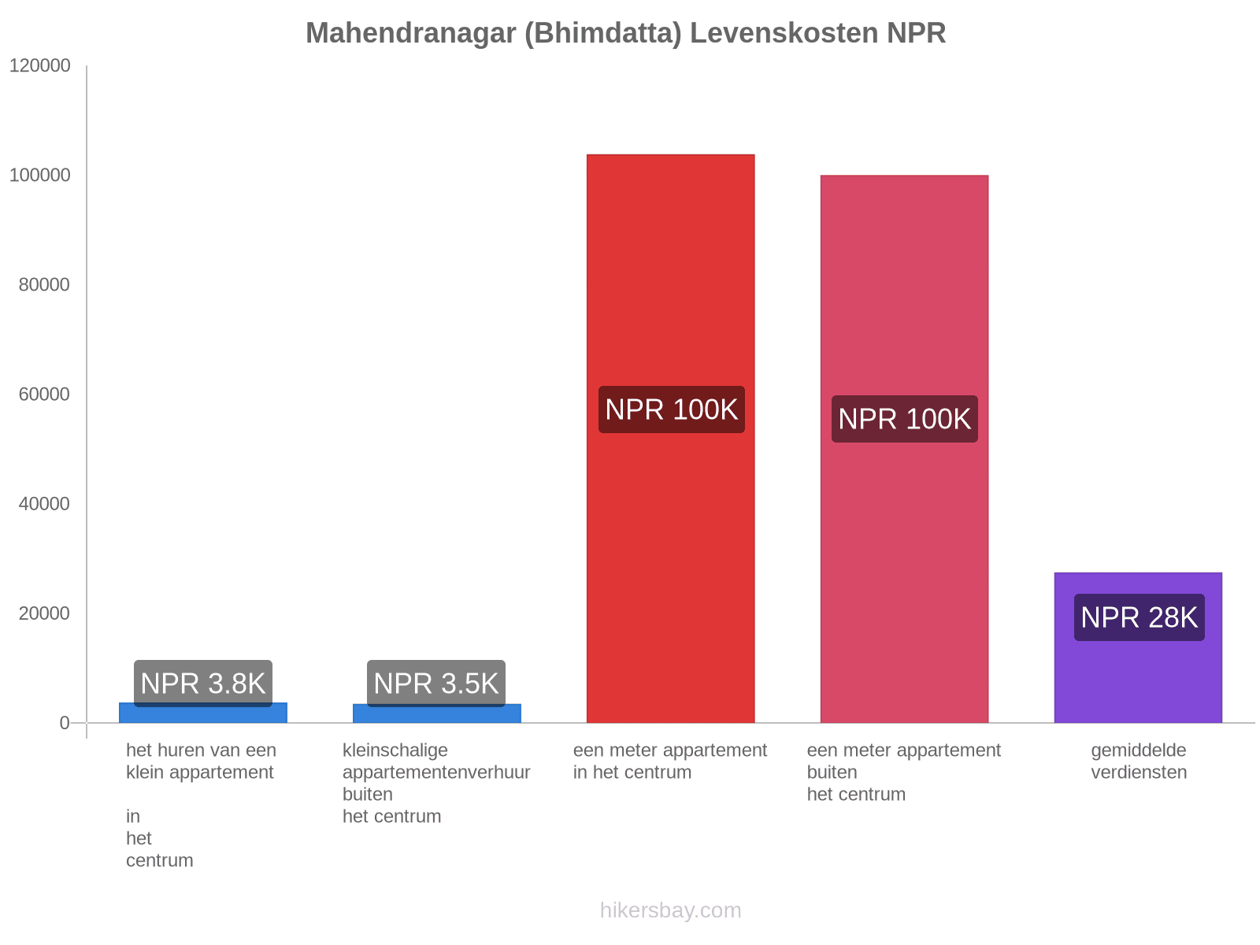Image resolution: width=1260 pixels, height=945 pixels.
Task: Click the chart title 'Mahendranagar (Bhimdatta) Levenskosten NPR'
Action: (625, 33)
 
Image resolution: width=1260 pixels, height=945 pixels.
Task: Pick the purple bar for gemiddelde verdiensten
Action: (1138, 677)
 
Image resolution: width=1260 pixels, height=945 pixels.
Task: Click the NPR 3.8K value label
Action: (203, 683)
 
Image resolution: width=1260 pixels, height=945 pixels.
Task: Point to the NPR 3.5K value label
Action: (436, 683)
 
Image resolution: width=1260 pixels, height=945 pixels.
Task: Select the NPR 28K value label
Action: (1139, 617)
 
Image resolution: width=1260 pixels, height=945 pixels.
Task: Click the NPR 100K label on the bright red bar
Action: (671, 409)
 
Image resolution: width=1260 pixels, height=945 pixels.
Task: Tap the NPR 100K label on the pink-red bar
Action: (904, 419)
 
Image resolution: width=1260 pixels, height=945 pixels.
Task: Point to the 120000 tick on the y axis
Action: (40, 66)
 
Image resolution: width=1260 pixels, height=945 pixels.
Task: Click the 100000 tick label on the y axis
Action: (40, 176)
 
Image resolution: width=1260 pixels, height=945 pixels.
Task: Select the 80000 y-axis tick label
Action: (45, 285)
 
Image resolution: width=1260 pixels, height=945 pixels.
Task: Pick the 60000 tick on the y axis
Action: (45, 395)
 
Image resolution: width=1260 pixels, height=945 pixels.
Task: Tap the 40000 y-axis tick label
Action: (45, 504)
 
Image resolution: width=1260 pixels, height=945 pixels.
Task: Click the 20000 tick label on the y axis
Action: (45, 613)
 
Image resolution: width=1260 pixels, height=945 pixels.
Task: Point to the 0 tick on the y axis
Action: (65, 723)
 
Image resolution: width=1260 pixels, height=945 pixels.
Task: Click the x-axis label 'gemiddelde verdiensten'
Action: (1139, 762)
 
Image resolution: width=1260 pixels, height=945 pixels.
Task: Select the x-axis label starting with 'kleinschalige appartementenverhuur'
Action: (436, 783)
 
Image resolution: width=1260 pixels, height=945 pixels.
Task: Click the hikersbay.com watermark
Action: (670, 910)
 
